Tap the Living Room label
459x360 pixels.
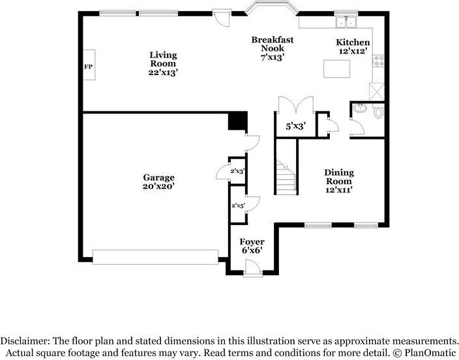tap(162, 64)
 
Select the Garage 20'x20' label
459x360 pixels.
tap(159, 181)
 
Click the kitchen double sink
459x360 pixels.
tap(346, 22)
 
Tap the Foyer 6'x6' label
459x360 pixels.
tap(252, 246)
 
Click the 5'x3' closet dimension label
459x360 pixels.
tap(295, 127)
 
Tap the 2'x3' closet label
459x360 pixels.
tap(237, 171)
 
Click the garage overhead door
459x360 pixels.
tap(156, 257)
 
